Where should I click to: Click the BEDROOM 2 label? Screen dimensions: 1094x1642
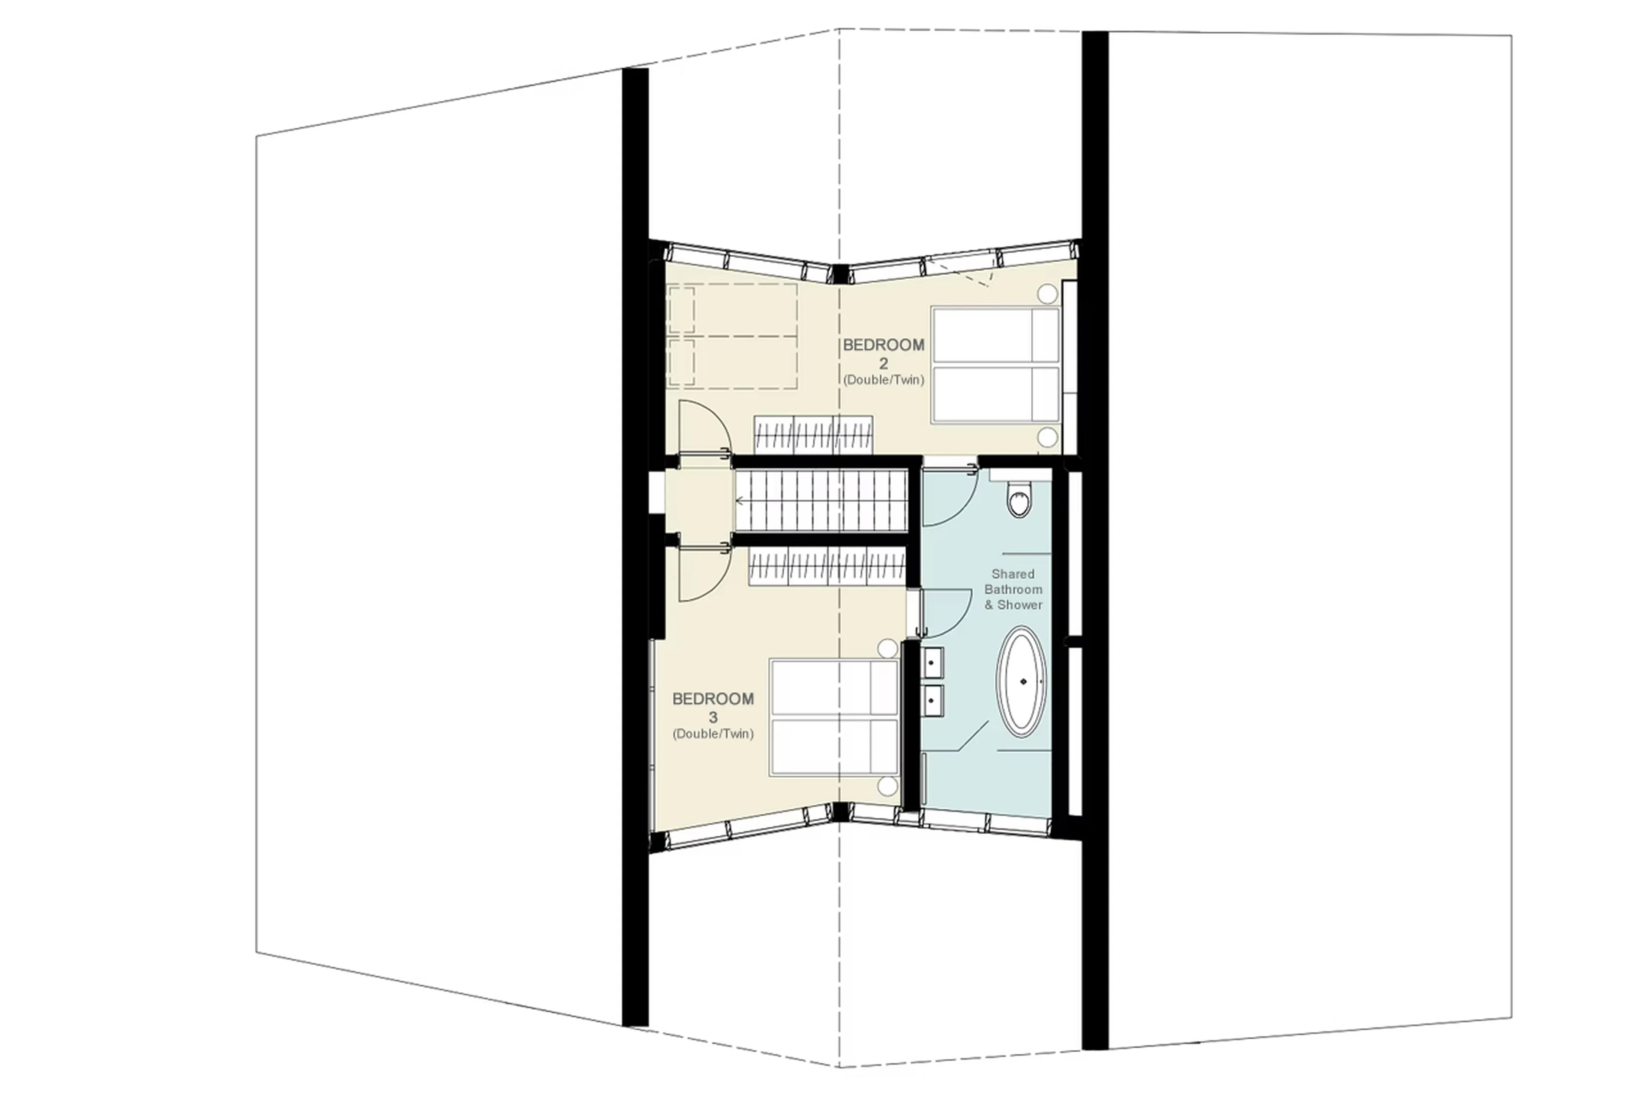coord(883,345)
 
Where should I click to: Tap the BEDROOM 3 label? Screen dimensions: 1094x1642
coord(712,699)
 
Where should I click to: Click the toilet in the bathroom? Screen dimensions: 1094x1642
coord(1019,501)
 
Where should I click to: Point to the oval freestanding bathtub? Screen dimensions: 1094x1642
coord(1022,681)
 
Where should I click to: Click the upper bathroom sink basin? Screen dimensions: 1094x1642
coord(932,662)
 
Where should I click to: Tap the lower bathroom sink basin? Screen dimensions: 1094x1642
coord(932,700)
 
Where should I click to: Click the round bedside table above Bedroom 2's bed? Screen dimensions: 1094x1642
coord(1047,294)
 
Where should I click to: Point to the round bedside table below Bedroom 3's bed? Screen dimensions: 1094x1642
coord(887,786)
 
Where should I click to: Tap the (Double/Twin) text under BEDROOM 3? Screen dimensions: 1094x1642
coord(712,734)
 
